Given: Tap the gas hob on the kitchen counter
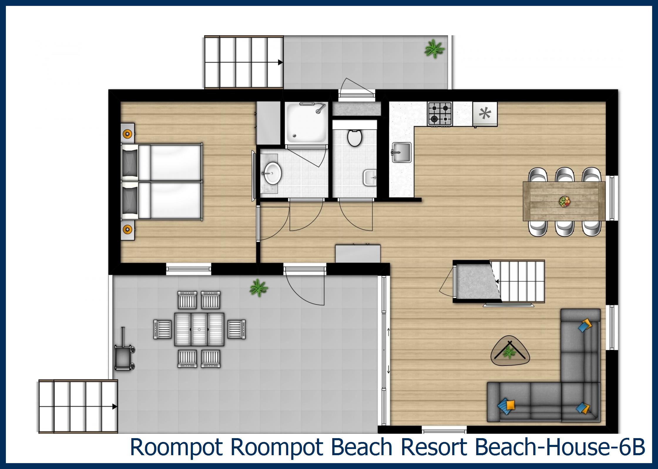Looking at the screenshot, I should click(439, 114).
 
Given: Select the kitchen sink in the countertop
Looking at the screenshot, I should click(402, 152).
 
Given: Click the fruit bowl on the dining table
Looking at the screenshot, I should click(564, 202).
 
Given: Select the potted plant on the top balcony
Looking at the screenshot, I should click(434, 49).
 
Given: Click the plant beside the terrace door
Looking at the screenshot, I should click(258, 287).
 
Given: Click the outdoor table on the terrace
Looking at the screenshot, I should click(199, 329).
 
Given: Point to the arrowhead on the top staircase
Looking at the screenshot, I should click(280, 63).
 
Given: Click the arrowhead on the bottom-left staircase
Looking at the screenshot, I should click(115, 407).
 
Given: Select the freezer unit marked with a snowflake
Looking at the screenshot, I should click(485, 114).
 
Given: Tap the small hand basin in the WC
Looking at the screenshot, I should click(370, 177).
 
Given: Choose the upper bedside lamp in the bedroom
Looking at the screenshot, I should click(127, 134).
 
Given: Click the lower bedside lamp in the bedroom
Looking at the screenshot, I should click(127, 229).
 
